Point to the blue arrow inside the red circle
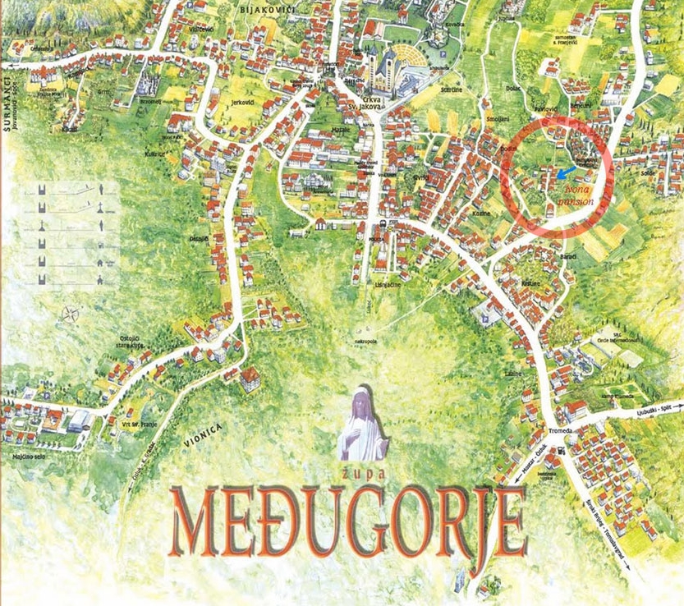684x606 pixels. click(x=564, y=173)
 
